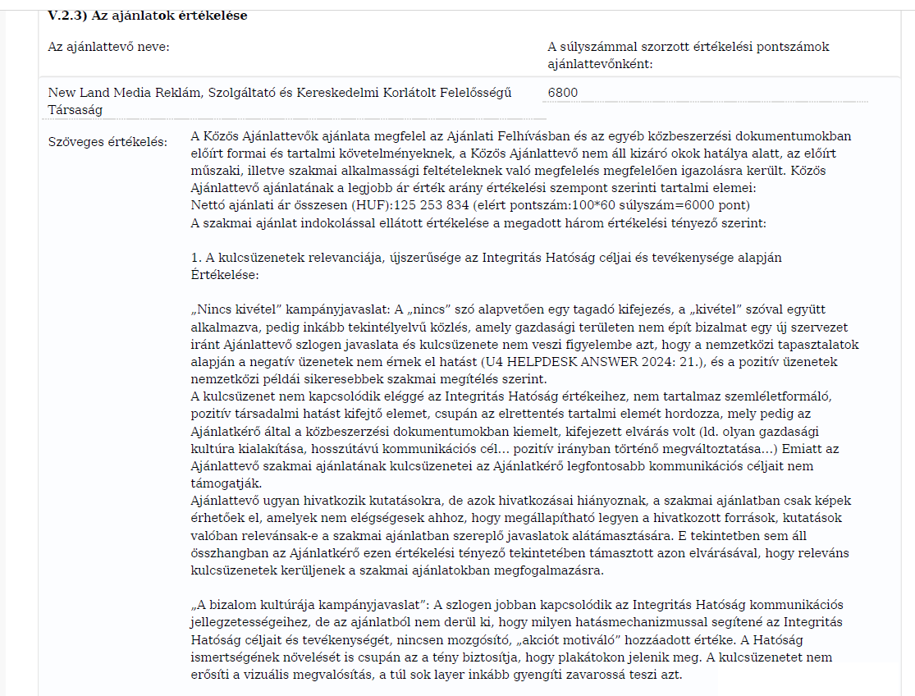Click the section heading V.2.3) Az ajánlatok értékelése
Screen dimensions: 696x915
click(148, 16)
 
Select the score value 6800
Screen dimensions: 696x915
click(562, 93)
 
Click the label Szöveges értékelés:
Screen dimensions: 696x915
click(108, 143)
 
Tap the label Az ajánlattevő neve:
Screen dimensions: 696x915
click(109, 47)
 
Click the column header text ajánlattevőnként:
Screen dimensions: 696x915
click(600, 63)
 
